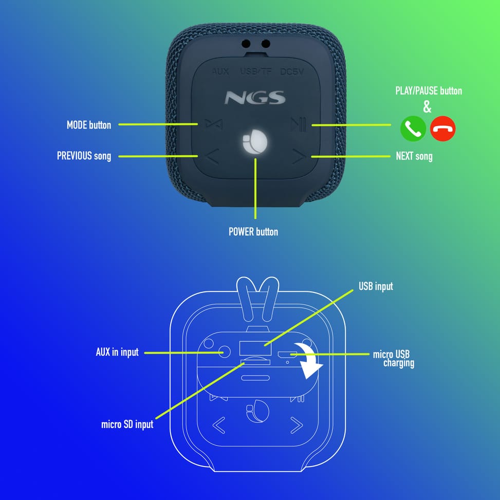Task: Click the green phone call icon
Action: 413,128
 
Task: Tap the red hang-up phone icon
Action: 442,128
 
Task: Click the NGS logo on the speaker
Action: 255,98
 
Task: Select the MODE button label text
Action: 89,125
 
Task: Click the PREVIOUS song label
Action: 84,156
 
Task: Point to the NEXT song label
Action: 414,156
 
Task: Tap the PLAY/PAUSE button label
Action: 429,91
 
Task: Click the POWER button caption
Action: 253,232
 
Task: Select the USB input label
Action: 376,286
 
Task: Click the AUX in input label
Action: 117,352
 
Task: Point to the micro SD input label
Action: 127,424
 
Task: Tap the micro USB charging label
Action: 394,359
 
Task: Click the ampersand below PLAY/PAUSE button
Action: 427,107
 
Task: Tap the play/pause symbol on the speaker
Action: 299,125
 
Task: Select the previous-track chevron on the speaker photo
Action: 212,157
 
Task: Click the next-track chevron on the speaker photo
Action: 299,157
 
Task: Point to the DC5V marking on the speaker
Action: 292,72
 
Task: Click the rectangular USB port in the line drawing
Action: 255,347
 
